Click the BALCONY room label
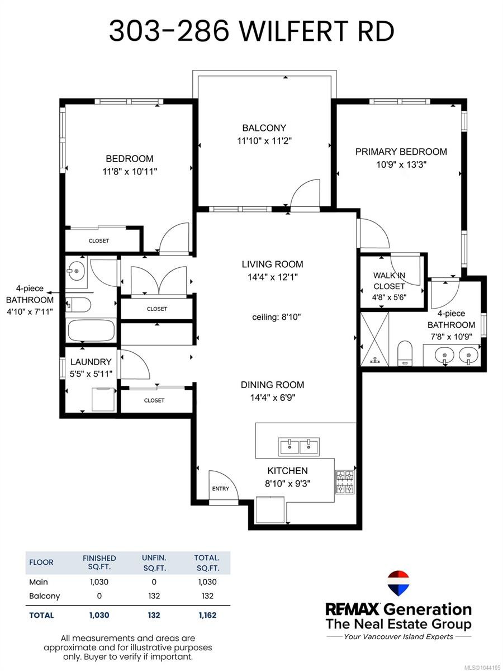(x=264, y=128)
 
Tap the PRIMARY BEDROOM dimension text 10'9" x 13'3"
(x=401, y=165)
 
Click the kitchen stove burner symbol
(x=345, y=483)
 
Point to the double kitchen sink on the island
(x=298, y=446)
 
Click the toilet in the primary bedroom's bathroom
(x=405, y=353)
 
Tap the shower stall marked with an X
(x=374, y=339)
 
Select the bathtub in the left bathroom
(x=91, y=330)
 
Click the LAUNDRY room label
(x=91, y=362)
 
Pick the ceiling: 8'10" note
(x=277, y=317)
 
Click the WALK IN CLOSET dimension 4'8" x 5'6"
(x=389, y=297)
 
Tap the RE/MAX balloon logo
(x=398, y=583)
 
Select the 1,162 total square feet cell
(x=207, y=615)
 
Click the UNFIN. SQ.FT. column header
(x=154, y=563)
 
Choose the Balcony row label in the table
(x=44, y=596)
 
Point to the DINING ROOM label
(x=272, y=385)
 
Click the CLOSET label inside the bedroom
(x=99, y=241)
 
